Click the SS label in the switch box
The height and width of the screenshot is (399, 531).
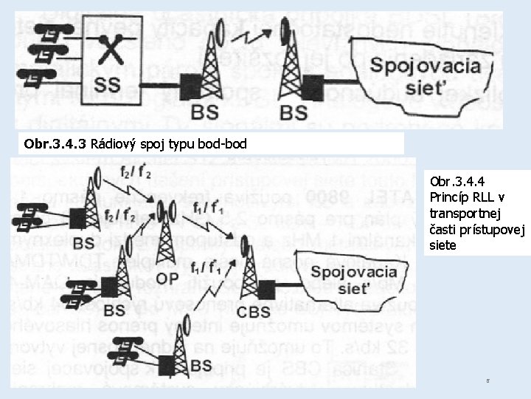(107, 83)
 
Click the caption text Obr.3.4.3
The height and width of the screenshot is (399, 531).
(55, 143)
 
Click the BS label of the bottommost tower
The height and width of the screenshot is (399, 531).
(201, 365)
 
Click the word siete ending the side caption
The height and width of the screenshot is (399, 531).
(443, 245)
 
